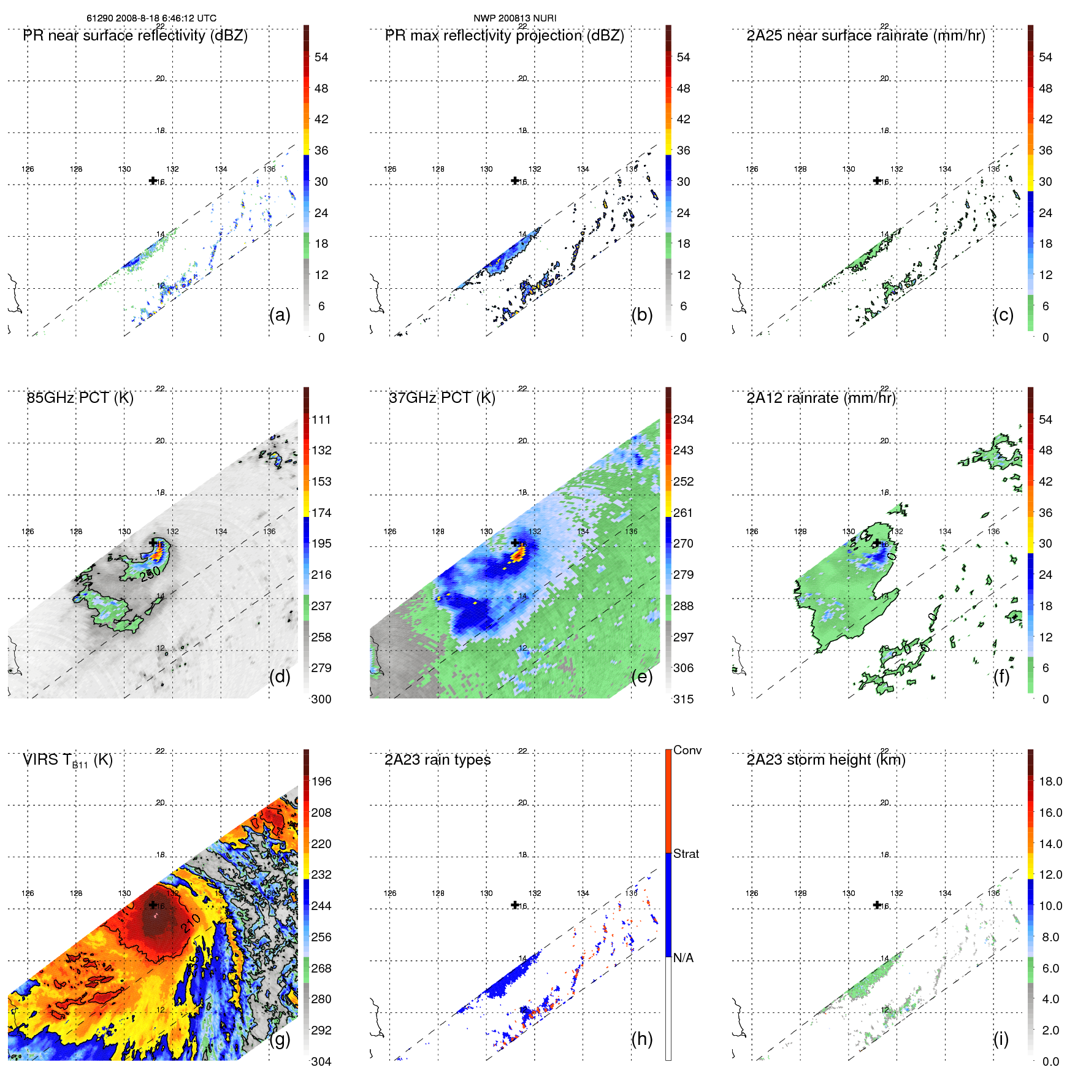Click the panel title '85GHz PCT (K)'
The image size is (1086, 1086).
coord(80,398)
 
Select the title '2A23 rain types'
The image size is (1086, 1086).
coord(437,760)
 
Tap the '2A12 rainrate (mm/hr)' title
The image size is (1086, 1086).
coord(821,398)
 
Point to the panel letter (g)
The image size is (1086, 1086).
coord(280,1039)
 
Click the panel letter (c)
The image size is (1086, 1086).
coord(1003,315)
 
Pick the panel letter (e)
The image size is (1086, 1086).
coord(641,676)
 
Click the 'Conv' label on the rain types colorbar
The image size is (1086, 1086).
coord(687,750)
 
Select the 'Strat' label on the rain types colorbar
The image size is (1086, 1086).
coord(686,854)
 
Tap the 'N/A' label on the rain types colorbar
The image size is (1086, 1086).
coord(683,958)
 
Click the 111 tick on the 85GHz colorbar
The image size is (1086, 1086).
coord(321,419)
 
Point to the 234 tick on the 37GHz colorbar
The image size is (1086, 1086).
coord(683,419)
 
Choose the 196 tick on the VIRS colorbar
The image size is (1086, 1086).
coord(321,781)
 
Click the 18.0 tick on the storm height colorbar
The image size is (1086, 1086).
coord(1050,781)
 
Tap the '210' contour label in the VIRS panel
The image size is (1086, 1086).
coord(191,922)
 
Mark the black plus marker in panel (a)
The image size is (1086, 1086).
coord(153,180)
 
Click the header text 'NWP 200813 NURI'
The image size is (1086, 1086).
coord(514,18)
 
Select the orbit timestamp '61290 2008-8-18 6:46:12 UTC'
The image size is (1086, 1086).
coord(151,18)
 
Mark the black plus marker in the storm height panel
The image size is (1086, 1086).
coord(877,904)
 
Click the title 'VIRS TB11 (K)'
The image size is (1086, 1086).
coord(67,760)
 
